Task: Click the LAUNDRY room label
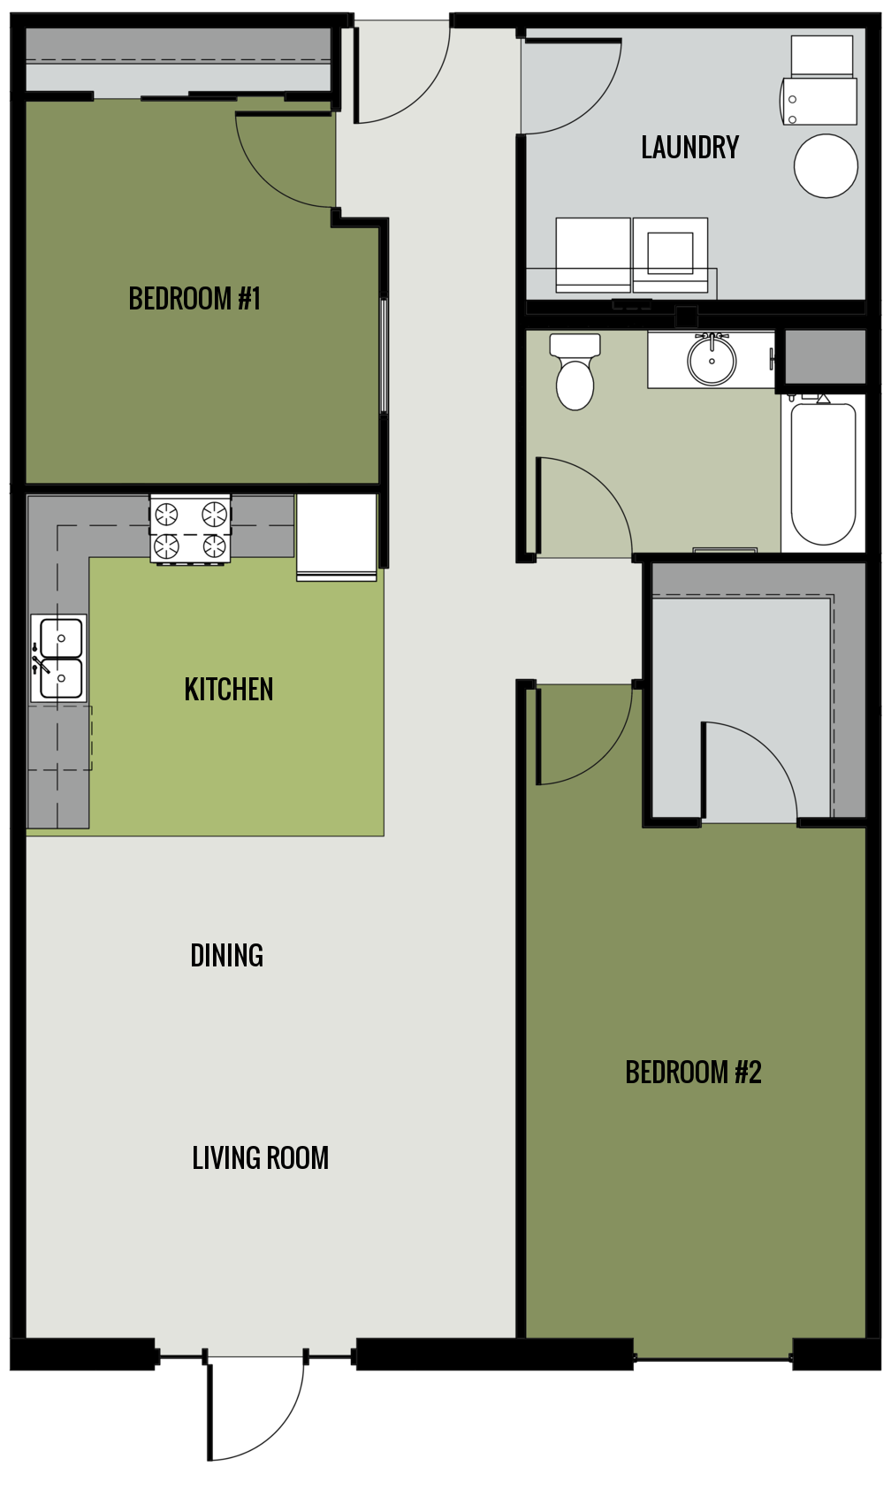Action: (689, 148)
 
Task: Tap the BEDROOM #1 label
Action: (194, 299)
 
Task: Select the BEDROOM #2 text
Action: (693, 1073)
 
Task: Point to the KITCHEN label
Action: (229, 690)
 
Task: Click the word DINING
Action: (227, 956)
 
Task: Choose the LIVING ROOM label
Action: (260, 1158)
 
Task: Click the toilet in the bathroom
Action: (575, 373)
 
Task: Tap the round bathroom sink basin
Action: (712, 361)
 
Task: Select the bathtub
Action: (823, 473)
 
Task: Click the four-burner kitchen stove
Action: (190, 530)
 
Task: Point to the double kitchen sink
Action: (59, 658)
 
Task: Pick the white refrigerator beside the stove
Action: (337, 536)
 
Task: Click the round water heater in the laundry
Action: (826, 166)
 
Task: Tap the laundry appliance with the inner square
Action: (670, 254)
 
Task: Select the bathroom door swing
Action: (579, 504)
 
